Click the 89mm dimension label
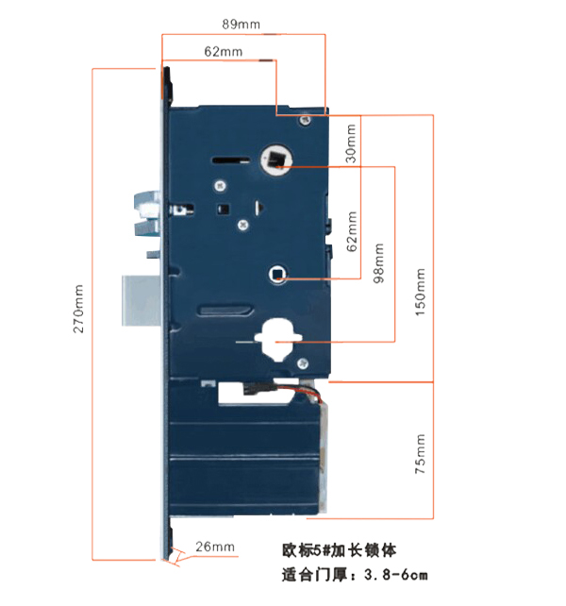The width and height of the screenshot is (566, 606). point(241,25)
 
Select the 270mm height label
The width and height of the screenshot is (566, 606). point(78,309)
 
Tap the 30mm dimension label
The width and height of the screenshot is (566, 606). point(350,143)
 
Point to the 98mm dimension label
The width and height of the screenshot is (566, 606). point(379,262)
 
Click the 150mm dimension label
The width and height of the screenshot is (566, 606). point(420,292)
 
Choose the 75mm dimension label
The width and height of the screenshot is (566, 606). point(420,453)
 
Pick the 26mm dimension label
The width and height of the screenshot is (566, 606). point(215,547)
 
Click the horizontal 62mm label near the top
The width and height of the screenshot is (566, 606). point(224,51)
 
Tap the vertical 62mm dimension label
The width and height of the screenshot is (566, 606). point(352,231)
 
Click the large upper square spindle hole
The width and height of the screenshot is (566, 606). point(275,159)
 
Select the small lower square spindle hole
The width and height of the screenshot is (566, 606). point(277,274)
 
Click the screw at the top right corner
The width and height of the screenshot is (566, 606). point(306,120)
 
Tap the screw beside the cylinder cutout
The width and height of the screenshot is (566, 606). point(302,362)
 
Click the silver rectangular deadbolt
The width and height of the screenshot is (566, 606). point(141,300)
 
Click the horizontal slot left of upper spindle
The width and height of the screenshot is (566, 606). point(231,160)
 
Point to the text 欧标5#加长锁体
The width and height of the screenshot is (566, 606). point(340,550)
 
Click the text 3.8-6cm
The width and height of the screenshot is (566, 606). point(396,575)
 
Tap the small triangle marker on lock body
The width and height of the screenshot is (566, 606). point(259,208)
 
